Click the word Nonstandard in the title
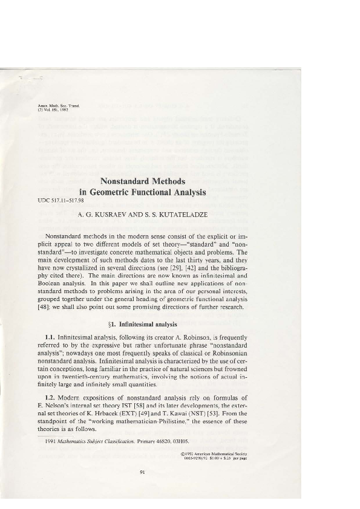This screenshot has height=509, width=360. click(x=123, y=180)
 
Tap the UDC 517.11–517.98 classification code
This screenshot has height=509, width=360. click(x=60, y=200)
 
